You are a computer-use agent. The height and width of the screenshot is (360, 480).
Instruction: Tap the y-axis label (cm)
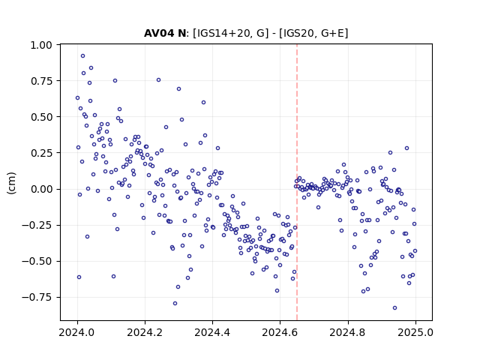11,183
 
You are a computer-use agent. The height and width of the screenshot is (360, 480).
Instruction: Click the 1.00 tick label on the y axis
41,45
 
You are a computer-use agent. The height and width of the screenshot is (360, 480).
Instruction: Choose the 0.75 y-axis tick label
41,81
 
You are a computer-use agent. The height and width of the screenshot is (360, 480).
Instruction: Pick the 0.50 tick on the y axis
41,117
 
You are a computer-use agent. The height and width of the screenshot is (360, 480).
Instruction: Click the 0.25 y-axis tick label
41,153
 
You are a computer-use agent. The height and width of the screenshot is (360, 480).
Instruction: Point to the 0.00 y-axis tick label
41,189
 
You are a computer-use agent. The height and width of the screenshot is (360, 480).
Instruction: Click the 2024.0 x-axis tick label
77,332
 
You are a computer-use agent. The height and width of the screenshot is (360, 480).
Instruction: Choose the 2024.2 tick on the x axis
145,332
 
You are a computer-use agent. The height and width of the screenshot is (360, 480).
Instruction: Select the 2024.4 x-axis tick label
212,332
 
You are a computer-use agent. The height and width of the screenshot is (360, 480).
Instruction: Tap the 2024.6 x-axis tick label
280,332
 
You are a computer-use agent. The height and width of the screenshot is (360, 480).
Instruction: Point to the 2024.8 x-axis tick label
348,332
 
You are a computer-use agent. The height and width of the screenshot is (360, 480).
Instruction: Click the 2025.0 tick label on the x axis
415,332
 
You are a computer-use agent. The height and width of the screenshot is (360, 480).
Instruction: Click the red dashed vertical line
297,182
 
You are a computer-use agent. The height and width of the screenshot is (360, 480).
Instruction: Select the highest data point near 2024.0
82,56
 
